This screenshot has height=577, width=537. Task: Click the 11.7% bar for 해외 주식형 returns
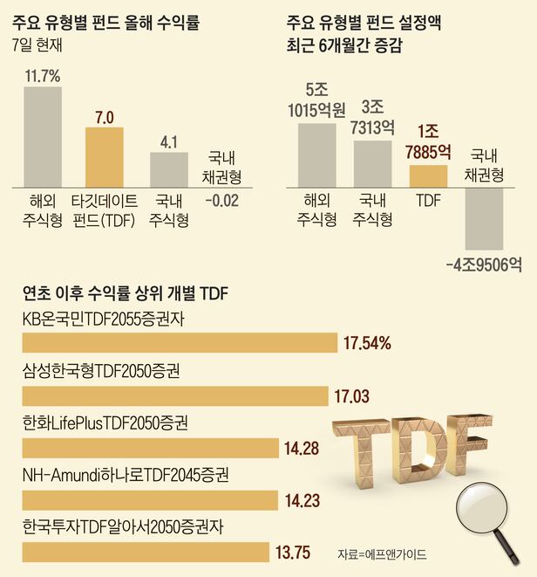click(41, 135)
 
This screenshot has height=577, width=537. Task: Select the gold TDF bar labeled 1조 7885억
click(428, 175)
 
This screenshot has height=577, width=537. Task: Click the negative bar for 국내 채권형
click(484, 217)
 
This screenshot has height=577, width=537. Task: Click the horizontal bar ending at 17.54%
click(179, 343)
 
